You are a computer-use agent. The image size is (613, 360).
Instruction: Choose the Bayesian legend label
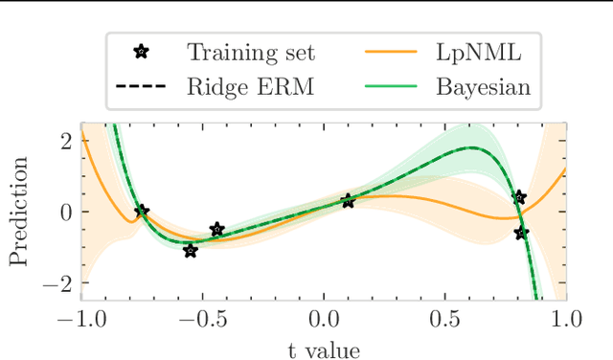click(x=484, y=88)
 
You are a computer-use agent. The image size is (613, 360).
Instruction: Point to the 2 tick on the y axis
click(x=65, y=140)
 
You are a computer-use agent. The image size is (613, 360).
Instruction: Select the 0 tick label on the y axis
click(x=65, y=212)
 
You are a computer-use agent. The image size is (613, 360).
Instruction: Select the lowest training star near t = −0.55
click(x=191, y=251)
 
